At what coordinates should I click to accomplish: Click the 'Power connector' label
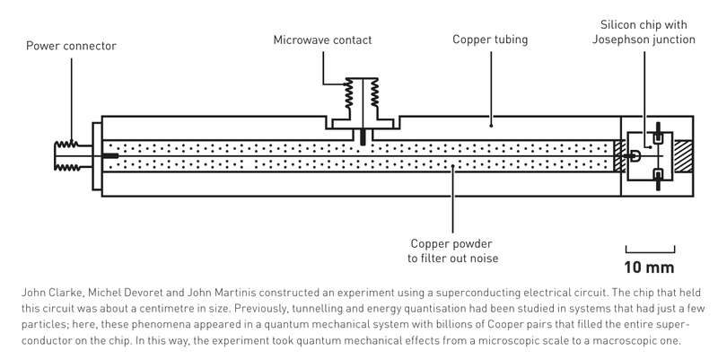point(71,46)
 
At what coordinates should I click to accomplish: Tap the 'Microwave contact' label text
point(322,40)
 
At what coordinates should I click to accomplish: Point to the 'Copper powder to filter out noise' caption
point(452,251)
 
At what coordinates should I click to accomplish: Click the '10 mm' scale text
point(649,267)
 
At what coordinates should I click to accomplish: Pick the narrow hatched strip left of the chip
point(617,156)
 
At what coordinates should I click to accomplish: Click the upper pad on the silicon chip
point(658,138)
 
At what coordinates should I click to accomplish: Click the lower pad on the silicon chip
point(658,173)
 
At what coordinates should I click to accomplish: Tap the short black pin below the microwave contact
point(362,136)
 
